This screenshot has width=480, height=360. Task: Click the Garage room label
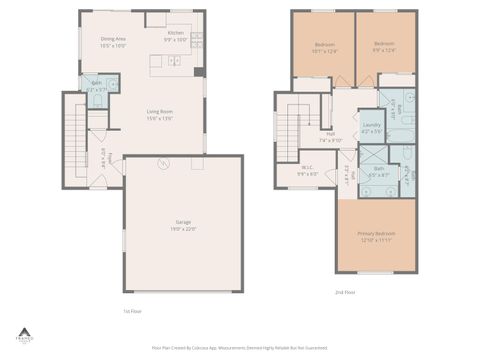(181, 225)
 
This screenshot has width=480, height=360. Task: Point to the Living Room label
(161, 115)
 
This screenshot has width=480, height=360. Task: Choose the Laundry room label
(371, 128)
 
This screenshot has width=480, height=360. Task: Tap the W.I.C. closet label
(308, 170)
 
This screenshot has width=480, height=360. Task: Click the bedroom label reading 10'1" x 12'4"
(325, 47)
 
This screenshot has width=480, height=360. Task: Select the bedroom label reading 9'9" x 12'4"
(385, 47)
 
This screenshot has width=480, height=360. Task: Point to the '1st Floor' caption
(131, 310)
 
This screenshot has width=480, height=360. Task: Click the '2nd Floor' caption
(345, 292)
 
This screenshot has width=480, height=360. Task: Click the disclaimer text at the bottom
(240, 348)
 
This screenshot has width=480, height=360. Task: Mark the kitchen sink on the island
(173, 62)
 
